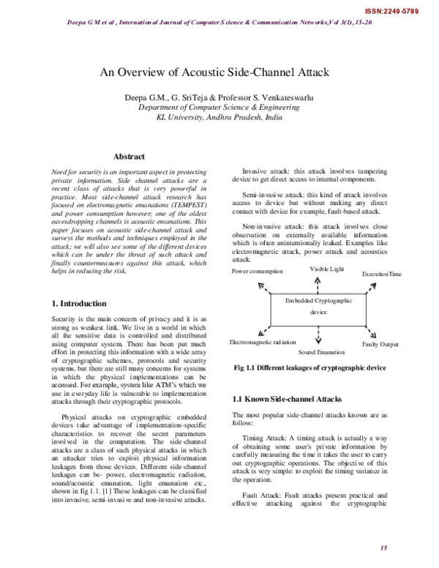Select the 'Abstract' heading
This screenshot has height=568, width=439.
130,157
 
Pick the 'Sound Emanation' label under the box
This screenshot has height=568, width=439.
321,352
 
